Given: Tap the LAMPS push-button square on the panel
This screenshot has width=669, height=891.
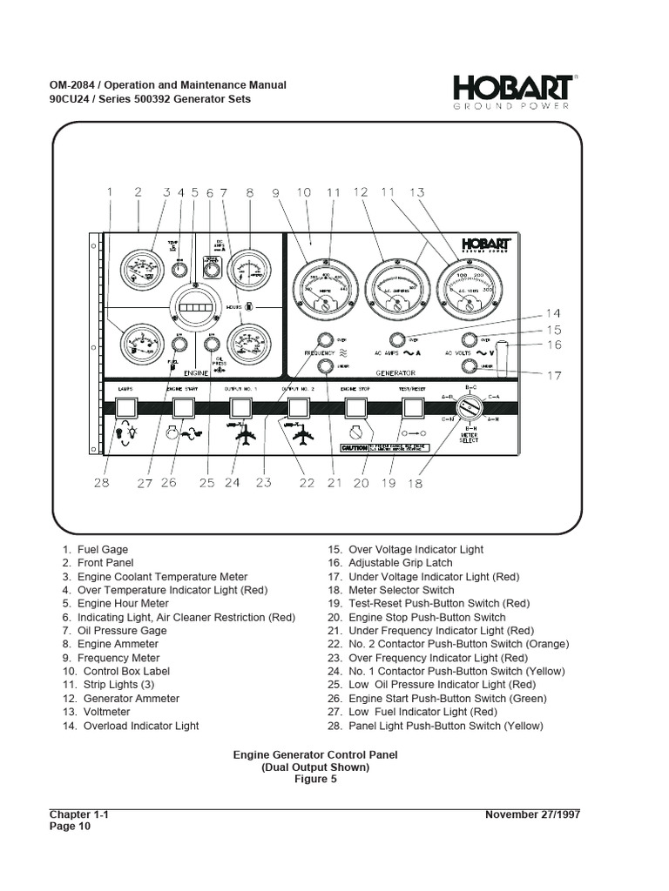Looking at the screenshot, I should (126, 407).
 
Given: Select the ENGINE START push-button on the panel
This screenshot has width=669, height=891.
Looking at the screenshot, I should (183, 407).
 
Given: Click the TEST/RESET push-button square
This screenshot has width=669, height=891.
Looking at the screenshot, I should (411, 407).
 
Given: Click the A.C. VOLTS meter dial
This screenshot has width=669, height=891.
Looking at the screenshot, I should (468, 288).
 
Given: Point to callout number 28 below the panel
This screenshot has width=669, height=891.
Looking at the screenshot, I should (102, 483).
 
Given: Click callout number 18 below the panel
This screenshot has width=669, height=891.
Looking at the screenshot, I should (415, 483).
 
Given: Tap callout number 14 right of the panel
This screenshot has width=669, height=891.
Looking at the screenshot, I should (555, 313).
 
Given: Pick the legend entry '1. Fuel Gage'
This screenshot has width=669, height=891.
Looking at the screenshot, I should (95, 550).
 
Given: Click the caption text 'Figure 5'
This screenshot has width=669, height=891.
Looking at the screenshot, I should (314, 780).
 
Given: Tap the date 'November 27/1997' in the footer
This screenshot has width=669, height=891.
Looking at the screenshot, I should (532, 814).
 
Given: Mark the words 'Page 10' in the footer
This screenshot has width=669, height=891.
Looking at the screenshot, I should (70, 827).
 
